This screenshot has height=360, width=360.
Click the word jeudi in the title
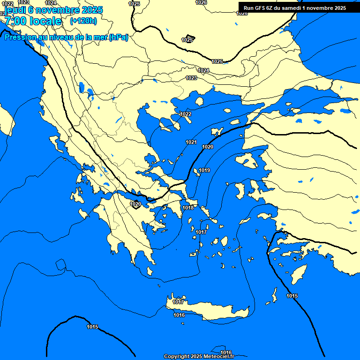pos(15,10)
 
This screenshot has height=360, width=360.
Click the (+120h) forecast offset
pos(83,21)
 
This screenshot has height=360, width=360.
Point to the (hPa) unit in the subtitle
pos(118,37)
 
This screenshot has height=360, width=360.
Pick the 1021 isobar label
pos(191,142)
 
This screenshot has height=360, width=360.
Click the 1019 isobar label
pos(204,170)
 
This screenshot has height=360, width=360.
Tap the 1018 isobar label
pos(188,208)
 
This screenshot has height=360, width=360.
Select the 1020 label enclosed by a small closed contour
pos(135,204)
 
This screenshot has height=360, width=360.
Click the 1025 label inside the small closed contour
pos(187,40)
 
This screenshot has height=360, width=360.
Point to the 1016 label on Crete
pos(179,315)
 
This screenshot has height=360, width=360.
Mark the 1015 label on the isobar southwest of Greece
pos(92,327)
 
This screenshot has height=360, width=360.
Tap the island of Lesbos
pos(247,161)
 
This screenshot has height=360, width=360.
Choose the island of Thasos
pos(199,101)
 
